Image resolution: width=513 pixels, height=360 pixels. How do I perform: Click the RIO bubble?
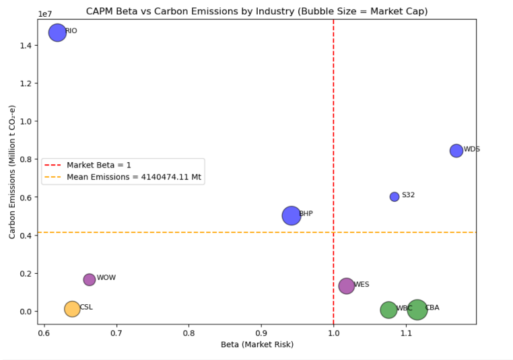[57, 32]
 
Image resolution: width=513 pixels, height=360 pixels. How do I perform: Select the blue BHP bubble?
[291, 215]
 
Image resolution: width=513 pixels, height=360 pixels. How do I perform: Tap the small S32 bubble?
[395, 196]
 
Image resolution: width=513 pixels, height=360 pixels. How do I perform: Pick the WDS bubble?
[456, 151]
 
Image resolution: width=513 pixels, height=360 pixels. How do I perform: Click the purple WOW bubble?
[90, 279]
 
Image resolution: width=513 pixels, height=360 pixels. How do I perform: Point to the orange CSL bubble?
[72, 309]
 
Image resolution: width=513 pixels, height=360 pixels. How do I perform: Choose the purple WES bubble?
[346, 285]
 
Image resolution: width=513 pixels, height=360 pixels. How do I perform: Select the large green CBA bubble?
[417, 310]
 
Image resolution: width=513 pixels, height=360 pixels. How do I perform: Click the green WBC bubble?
[388, 310]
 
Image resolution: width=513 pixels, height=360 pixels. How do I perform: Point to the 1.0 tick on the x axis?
[333, 332]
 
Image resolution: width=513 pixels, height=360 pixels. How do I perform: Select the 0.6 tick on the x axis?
[44, 332]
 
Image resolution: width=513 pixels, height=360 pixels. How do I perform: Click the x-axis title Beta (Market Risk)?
[257, 345]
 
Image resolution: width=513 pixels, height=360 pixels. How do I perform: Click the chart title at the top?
[256, 11]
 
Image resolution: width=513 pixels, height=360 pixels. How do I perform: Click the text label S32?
[408, 195]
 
